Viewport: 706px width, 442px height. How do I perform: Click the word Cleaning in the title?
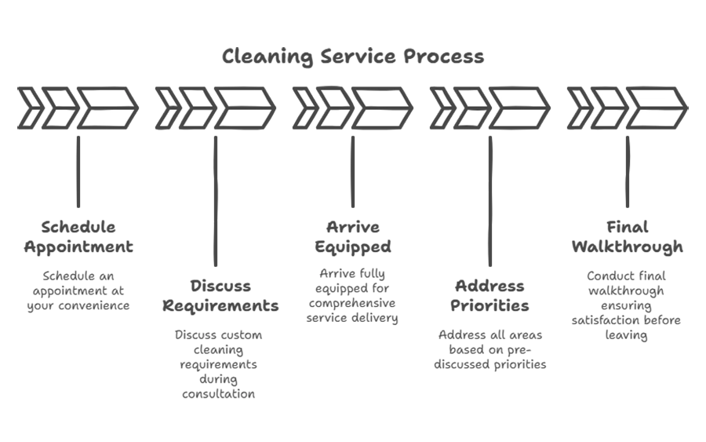pos(267,57)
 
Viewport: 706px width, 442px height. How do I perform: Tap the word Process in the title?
pos(443,57)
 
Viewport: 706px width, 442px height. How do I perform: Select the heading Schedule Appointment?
pos(78,237)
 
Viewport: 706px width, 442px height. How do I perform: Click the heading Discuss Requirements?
pos(220,295)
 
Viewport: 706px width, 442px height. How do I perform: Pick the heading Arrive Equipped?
pos(353,237)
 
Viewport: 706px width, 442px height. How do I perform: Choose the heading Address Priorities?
pos(489,295)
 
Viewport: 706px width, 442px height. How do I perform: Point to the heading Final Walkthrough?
pos(628,237)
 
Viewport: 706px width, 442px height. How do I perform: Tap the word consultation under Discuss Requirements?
pos(218,394)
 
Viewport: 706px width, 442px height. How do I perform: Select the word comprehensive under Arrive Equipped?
pos(352,303)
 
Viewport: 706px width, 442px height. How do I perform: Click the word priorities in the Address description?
pos(520,364)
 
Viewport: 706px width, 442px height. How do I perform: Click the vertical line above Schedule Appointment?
pos(78,172)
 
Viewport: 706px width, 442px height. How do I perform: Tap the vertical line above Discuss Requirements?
pos(216,201)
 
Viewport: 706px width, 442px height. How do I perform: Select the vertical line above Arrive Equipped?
pos(353,172)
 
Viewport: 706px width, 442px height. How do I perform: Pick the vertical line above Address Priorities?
pos(490,201)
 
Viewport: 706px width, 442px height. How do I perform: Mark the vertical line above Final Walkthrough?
pos(628,172)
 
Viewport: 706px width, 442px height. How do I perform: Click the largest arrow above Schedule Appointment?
pos(107,108)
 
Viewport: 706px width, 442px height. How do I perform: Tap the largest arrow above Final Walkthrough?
pos(657,108)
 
